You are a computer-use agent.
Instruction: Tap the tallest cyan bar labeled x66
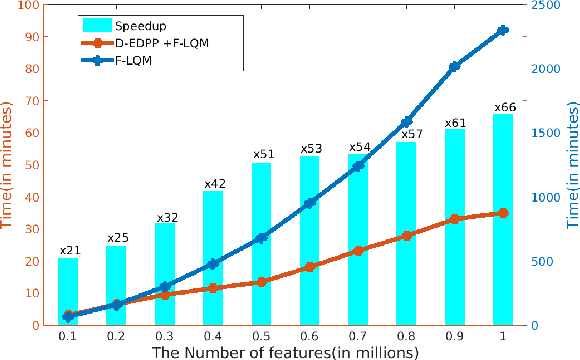[x=503, y=219]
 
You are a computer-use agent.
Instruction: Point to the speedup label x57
[x=406, y=133]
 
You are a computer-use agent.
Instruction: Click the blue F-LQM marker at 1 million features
[x=503, y=30]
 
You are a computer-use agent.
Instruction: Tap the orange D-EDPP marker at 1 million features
[x=503, y=213]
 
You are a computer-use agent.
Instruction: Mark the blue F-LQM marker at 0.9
[x=455, y=66]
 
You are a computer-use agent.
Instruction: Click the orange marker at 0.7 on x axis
[x=358, y=251]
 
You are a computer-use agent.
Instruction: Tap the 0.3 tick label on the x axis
[x=165, y=337]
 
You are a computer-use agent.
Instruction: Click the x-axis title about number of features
[x=286, y=352]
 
